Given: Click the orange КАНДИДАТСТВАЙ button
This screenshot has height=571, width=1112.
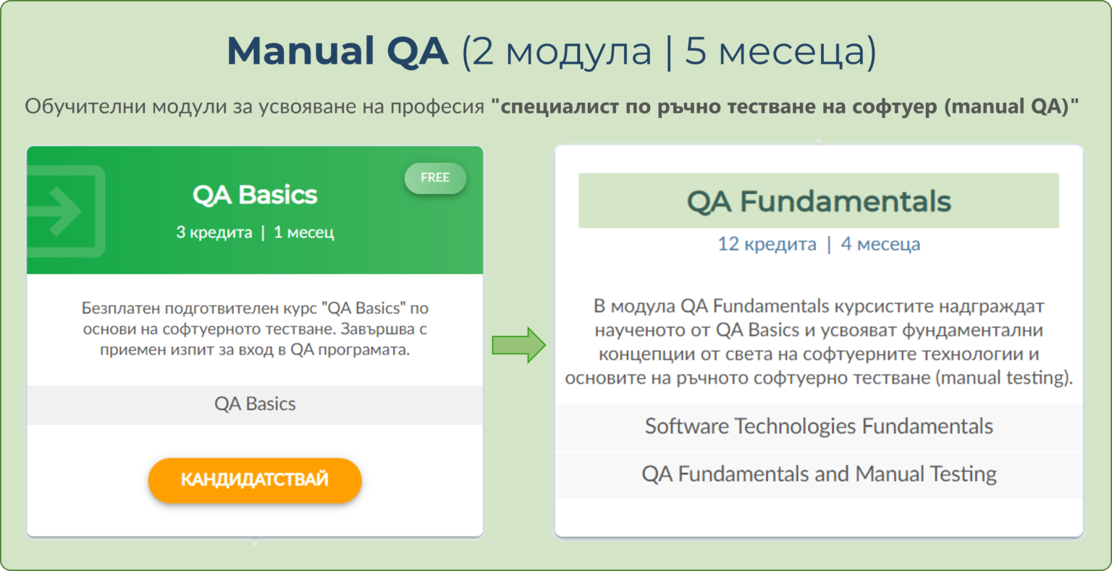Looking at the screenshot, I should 254,480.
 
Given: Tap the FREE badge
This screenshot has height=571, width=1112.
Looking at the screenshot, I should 435,178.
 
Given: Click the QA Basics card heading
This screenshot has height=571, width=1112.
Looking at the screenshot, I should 255,195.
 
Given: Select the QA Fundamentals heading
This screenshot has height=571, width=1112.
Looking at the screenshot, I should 818,201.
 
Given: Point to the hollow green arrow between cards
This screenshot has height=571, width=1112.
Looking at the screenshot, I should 518,344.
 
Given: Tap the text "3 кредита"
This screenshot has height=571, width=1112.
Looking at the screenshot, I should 214,232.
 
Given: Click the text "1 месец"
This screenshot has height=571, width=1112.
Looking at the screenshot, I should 303,232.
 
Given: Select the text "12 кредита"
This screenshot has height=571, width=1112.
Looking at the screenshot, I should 767,244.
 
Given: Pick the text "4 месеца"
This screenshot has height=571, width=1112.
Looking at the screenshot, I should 880,244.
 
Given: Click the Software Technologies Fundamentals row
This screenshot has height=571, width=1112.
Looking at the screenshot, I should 819,426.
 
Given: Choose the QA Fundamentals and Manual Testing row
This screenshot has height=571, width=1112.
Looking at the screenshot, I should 819,474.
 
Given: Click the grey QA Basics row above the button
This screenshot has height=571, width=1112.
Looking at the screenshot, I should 255,404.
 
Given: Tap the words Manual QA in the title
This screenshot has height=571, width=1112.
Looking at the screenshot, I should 337,51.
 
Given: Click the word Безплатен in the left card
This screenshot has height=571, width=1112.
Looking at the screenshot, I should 120,308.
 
